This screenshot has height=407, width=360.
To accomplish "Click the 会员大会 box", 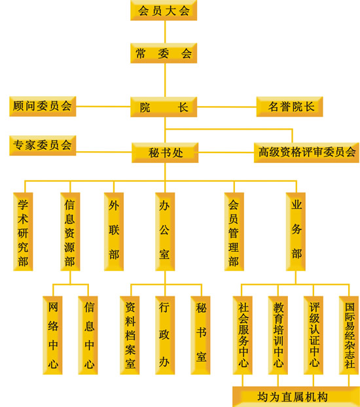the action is point(164,10).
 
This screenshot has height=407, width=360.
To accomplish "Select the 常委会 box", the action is point(164,53).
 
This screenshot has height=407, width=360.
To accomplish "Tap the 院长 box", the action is point(164,107).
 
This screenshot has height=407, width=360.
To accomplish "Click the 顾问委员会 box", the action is point(43,106).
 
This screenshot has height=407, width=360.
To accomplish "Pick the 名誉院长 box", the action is point(289,107).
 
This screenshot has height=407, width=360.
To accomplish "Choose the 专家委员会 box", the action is point(43,145).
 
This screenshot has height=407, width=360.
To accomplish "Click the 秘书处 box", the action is point(165,152).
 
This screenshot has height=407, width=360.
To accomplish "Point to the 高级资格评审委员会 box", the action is point(306,152).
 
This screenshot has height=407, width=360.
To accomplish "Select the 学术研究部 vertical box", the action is point(23,232).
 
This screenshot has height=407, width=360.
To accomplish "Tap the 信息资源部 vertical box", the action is point(70,232).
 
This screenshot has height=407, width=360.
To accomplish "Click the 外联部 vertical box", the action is point(114,232).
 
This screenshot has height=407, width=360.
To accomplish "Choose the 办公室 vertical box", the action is point(165,232).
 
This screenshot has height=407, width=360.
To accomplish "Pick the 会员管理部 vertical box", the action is point(234,232).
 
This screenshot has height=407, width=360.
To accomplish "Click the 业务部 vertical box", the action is point(296,232).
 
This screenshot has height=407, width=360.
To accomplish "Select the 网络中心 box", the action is point(52,335).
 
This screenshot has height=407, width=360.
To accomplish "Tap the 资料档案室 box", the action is point(130,335).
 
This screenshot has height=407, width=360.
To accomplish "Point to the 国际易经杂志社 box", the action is point(349,335).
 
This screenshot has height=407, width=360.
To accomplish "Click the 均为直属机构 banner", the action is point(296,397).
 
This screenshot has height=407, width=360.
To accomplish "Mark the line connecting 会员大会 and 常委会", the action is point(165,32).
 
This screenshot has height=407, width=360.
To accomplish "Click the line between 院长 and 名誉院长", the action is point(226,107).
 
